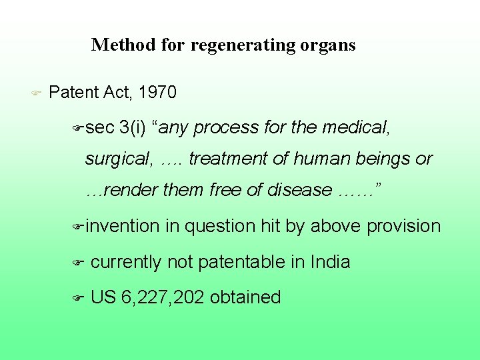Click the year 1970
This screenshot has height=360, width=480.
pyautogui.click(x=159, y=93)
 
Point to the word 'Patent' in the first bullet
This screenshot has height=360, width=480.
pyautogui.click(x=74, y=93)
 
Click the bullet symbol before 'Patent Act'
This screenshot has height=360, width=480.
pyautogui.click(x=36, y=93)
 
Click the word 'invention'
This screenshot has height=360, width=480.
pyautogui.click(x=123, y=227)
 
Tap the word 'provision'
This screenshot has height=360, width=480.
pyautogui.click(x=404, y=227)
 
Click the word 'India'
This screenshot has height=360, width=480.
pyautogui.click(x=330, y=262)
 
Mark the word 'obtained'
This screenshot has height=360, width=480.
pyautogui.click(x=245, y=297)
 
